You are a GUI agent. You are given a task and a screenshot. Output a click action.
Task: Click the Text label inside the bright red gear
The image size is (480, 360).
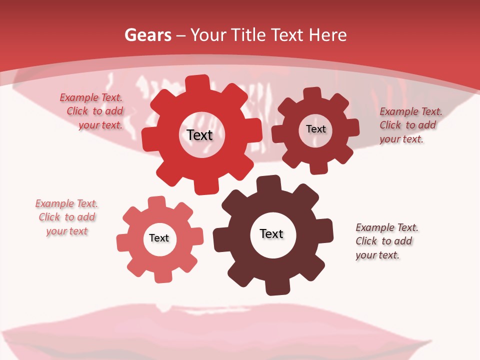tap(199, 135)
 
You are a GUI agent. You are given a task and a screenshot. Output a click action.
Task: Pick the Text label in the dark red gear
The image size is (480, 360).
tap(316, 129)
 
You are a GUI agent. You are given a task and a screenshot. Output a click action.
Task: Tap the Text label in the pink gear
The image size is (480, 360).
tap(159, 238)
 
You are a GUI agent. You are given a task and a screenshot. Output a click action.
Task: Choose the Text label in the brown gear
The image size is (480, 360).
tap(271, 234)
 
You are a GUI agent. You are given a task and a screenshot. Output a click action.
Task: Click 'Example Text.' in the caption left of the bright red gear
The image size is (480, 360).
tap(91, 98)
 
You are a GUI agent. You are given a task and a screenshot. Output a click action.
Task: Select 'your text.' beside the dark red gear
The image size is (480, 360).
tap(401, 139)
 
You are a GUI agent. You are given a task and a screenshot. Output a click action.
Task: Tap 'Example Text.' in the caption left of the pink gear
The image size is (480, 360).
tap(66, 203)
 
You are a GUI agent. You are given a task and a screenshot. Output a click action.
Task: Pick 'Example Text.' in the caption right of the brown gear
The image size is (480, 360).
tap(387, 228)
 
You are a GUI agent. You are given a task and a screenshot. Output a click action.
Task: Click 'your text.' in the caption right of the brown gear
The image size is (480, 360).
tap(377, 255)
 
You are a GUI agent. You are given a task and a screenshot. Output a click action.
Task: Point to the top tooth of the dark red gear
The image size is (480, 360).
tap(312, 93)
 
